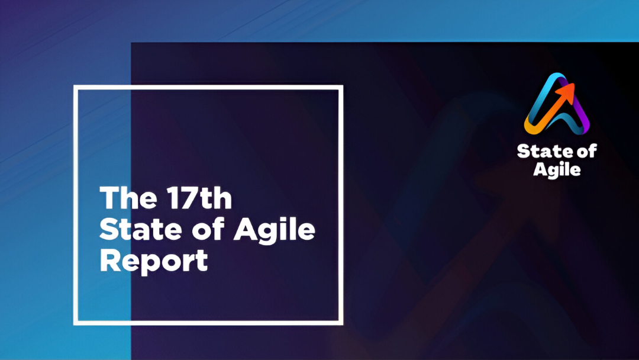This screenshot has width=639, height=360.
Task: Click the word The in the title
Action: click(125, 199)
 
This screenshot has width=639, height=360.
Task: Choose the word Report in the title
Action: click(154, 261)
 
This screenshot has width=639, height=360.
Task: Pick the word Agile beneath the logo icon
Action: click(557, 170)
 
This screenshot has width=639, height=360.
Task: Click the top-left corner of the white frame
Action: click(75, 87)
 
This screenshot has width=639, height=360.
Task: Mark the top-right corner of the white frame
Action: click(341, 87)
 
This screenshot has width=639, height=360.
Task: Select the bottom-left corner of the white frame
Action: click(75, 323)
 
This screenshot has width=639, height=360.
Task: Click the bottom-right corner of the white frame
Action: click(341, 323)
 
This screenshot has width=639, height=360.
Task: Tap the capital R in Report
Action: click(109, 261)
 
